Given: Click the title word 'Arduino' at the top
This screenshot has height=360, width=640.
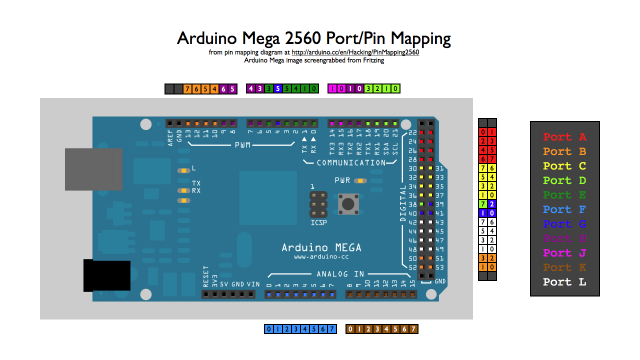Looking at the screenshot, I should (x=209, y=39).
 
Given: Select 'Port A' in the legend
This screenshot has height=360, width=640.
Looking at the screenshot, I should (x=565, y=136).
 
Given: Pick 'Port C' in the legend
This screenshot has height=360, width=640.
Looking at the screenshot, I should (x=565, y=166).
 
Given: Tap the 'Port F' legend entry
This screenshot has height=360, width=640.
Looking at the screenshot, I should (x=565, y=210).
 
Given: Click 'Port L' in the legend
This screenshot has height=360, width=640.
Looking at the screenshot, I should (x=565, y=283).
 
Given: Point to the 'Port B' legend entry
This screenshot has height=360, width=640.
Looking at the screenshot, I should (x=565, y=151).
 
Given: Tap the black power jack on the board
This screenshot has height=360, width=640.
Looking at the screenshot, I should (x=104, y=274).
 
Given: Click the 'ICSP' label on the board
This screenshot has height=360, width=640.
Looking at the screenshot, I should (x=319, y=222).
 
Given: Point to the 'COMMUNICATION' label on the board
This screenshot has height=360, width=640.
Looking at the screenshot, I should (x=349, y=161).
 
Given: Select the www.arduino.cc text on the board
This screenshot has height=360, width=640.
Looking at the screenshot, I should (x=320, y=258).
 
